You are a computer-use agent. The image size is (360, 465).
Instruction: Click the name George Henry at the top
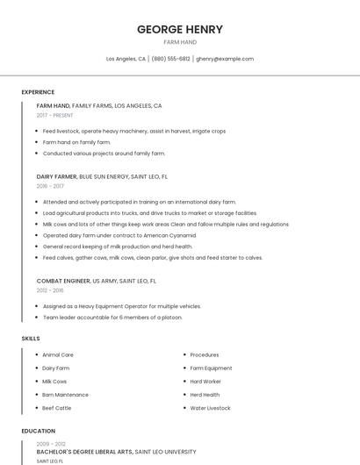[x=180, y=29]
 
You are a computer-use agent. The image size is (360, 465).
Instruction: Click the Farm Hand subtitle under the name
[x=180, y=42]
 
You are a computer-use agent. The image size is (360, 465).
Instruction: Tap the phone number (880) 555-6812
[x=170, y=59]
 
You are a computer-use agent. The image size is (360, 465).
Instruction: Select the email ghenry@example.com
[x=225, y=59]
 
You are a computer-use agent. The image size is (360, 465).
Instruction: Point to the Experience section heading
[x=38, y=92]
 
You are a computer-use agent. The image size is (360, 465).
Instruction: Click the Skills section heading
[x=31, y=338]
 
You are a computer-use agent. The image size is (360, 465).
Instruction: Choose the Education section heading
[x=39, y=431]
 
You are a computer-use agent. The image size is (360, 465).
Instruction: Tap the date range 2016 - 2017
[x=50, y=186]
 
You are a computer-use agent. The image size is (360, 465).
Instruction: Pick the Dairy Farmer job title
[x=57, y=176]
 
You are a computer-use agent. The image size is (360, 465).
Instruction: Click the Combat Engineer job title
[x=63, y=281]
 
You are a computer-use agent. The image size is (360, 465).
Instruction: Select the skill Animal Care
[x=58, y=354]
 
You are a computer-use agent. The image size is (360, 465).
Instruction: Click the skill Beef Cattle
[x=57, y=408]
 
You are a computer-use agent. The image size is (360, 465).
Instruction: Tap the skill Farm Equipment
[x=211, y=368]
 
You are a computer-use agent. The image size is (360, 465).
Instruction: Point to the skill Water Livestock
[x=210, y=408]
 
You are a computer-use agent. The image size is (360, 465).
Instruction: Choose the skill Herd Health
[x=205, y=395]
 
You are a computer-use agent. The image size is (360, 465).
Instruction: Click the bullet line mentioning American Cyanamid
[x=119, y=235]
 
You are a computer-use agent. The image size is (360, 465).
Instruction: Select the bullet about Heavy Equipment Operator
[x=122, y=306]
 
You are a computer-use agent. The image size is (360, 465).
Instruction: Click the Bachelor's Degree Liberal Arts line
[x=84, y=452]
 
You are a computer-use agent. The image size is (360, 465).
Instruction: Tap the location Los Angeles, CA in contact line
[x=126, y=59]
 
